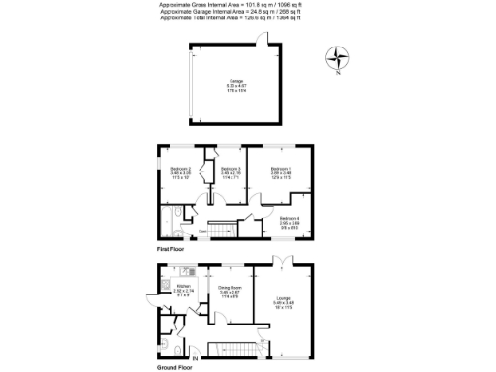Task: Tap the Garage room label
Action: [236, 81]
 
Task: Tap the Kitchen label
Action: [183, 286]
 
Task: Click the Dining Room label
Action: [229, 287]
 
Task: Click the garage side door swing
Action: [262, 39]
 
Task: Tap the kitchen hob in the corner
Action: [166, 274]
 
